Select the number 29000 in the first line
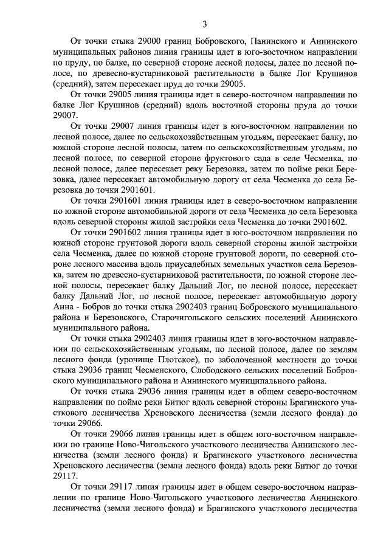coord(146,41)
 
